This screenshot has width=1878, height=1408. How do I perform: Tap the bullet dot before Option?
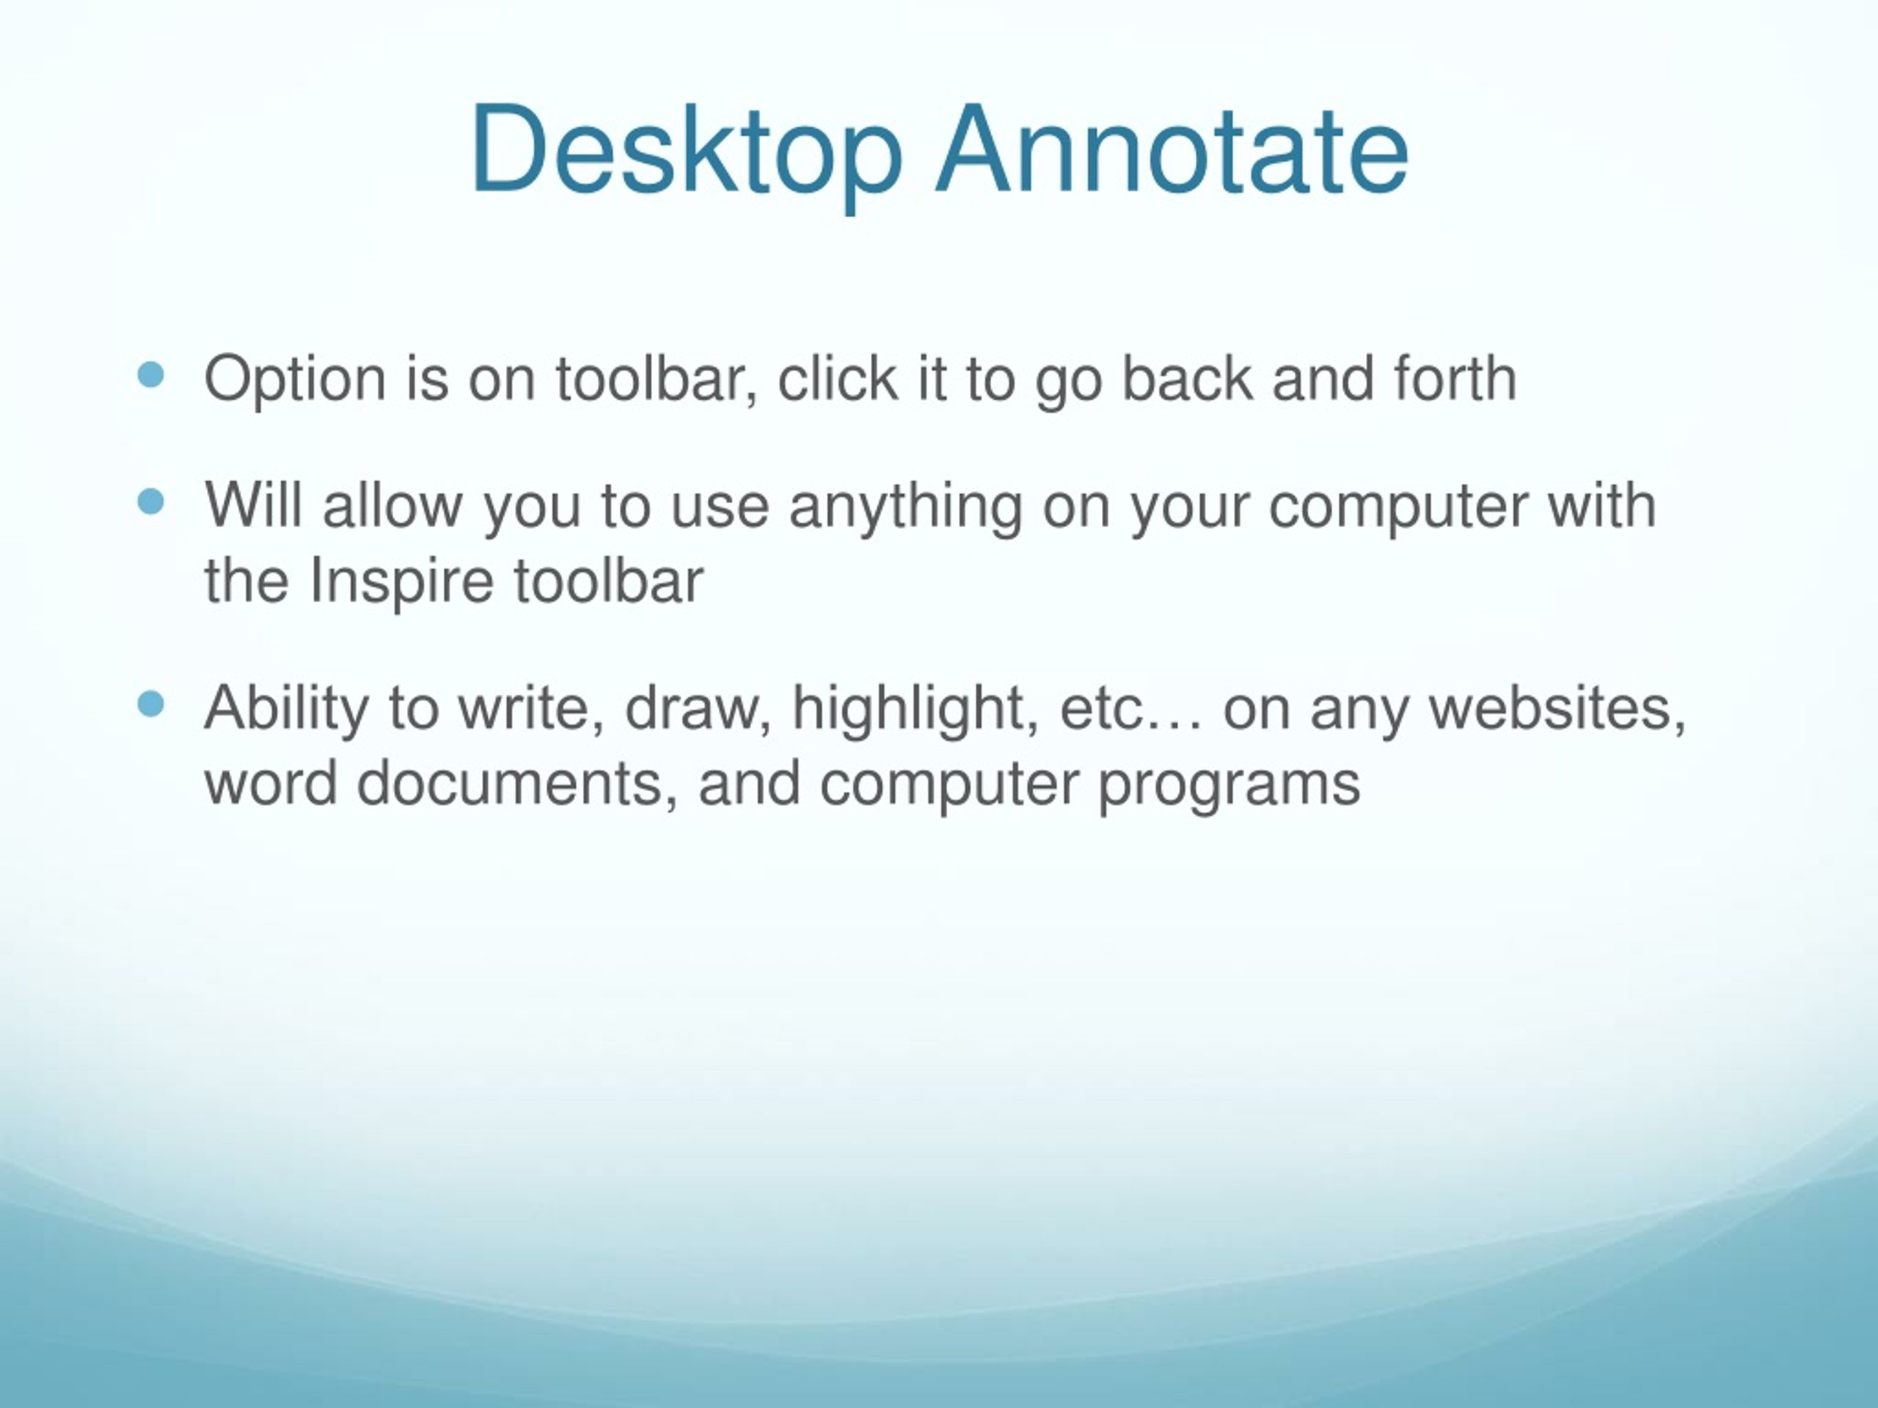150,375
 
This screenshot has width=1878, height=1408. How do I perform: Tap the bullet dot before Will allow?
150,502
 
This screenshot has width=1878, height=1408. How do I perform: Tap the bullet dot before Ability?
150,703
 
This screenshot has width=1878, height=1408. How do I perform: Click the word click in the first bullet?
837,378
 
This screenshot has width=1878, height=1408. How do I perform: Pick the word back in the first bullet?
1187,378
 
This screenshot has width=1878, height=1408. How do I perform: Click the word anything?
905,507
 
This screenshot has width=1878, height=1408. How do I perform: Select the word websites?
1557,707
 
